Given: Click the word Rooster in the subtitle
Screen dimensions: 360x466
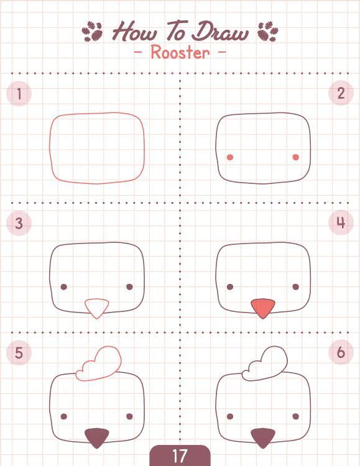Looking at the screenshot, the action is click(x=180, y=52).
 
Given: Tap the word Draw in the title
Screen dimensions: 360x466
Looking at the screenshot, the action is click(x=219, y=31).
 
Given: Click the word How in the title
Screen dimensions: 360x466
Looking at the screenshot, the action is click(x=134, y=31).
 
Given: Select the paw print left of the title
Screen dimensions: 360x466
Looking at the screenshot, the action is click(x=92, y=31).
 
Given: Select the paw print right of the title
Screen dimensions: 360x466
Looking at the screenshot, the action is click(x=268, y=31).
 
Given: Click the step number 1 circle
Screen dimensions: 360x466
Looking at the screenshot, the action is click(x=19, y=94).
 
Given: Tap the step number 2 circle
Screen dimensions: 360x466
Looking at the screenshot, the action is click(x=341, y=93).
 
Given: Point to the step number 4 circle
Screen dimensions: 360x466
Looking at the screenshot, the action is click(x=341, y=222).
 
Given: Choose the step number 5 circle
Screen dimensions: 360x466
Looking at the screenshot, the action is click(x=19, y=352).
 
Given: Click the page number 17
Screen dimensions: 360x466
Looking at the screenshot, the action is click(x=180, y=455).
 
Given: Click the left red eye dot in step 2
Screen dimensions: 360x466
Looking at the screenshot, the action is click(x=230, y=157).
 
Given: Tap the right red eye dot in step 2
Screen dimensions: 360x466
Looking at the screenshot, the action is click(x=296, y=157).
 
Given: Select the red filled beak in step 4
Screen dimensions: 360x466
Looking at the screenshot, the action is click(x=263, y=308).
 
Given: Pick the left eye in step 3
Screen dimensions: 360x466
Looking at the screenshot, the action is click(x=63, y=287).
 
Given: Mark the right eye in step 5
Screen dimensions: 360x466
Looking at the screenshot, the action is click(x=129, y=416).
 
